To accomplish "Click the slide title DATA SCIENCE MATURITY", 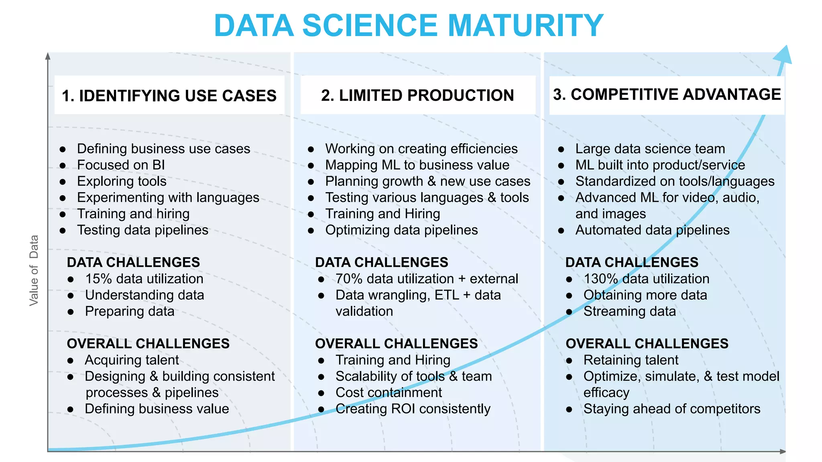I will (x=409, y=26).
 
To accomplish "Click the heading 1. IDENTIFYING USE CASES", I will (x=169, y=96).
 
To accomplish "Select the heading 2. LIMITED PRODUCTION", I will (x=417, y=95).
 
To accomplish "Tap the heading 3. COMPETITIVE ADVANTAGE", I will (x=667, y=95).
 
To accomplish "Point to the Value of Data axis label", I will (x=34, y=270).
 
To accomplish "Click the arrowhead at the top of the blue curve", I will (x=783, y=55).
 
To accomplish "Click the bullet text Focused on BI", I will (x=121, y=165).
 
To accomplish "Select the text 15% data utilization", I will (x=144, y=279).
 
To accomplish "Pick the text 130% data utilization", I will (x=646, y=279).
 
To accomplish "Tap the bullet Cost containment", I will (x=389, y=392).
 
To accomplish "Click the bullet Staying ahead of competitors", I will (x=671, y=409).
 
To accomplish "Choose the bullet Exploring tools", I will (x=122, y=181).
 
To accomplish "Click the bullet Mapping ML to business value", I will (x=417, y=165).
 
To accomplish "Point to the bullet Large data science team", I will (x=650, y=149).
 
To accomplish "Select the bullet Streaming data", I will (x=629, y=311).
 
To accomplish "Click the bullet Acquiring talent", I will (x=132, y=360).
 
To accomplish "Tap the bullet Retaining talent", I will (x=631, y=360).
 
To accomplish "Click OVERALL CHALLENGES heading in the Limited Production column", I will (x=396, y=344).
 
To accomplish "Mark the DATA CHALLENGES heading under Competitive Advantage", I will (x=632, y=262).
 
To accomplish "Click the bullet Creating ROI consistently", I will (x=413, y=409).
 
